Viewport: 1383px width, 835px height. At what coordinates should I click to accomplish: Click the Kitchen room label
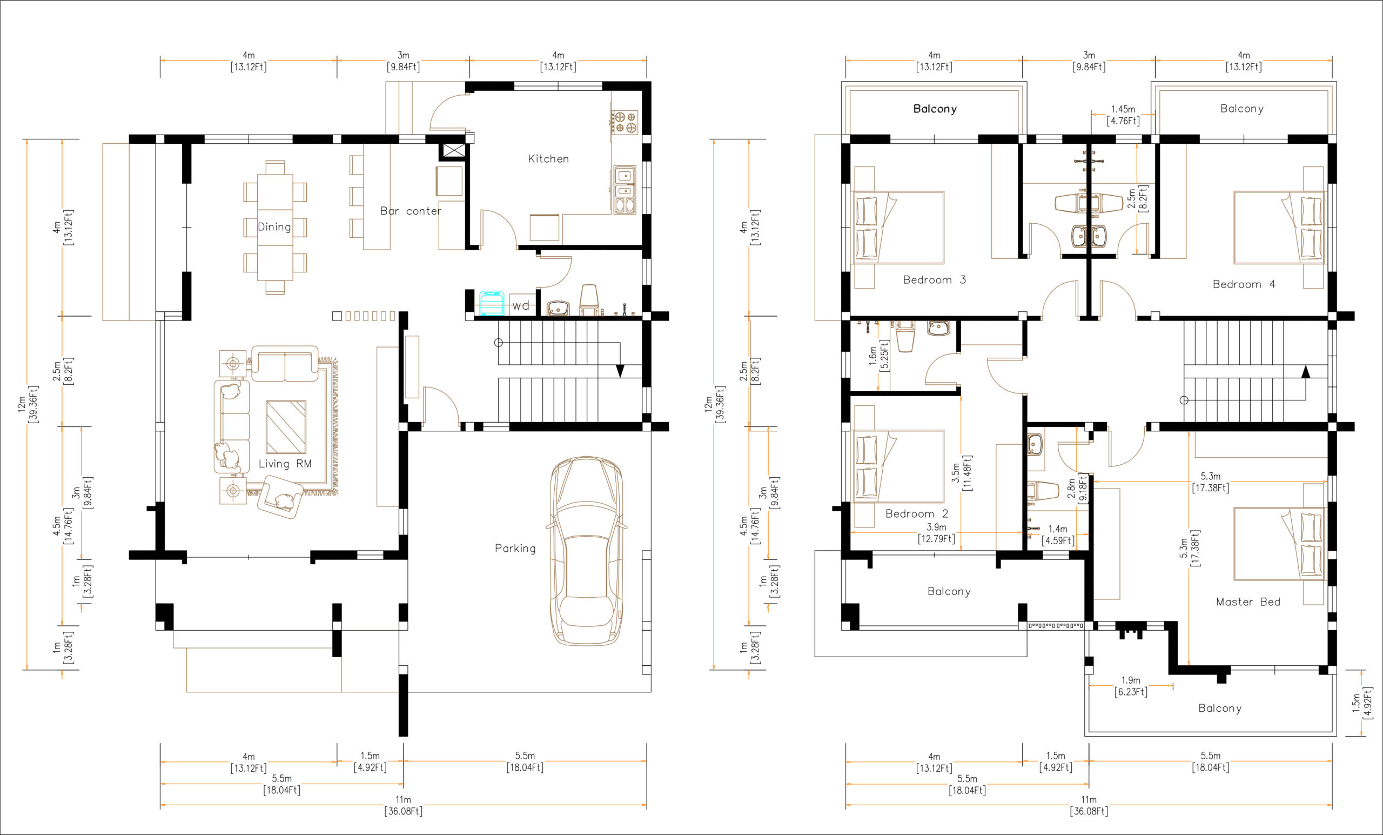(548, 159)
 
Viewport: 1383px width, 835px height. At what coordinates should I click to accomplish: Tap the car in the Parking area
(587, 550)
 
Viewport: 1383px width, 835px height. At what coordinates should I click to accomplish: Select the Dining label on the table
(274, 227)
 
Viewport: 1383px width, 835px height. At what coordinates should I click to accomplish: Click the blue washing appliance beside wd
(492, 303)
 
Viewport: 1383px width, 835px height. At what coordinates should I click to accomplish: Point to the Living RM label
(285, 464)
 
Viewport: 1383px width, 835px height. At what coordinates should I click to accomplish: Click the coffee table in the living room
(286, 427)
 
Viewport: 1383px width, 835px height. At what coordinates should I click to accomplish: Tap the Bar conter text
(410, 211)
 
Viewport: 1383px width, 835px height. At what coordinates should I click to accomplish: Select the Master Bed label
(1248, 602)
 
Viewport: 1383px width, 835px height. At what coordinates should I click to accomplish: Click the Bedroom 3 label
(934, 279)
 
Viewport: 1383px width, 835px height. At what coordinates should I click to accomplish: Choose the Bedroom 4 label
(1244, 284)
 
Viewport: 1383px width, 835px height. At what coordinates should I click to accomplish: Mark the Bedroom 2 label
(917, 513)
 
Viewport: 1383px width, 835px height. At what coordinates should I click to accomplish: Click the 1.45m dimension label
(1123, 110)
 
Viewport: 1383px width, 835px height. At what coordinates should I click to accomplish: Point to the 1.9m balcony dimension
(1130, 680)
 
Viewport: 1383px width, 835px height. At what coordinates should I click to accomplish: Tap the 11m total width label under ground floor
(403, 800)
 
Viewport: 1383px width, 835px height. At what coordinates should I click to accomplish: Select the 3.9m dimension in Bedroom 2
(936, 527)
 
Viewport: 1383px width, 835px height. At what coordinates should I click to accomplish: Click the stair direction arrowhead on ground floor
(620, 371)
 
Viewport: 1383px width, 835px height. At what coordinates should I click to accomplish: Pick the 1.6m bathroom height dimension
(873, 355)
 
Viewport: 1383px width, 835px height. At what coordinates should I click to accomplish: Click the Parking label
(515, 548)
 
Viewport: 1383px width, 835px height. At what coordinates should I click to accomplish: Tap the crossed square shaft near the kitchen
(454, 150)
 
